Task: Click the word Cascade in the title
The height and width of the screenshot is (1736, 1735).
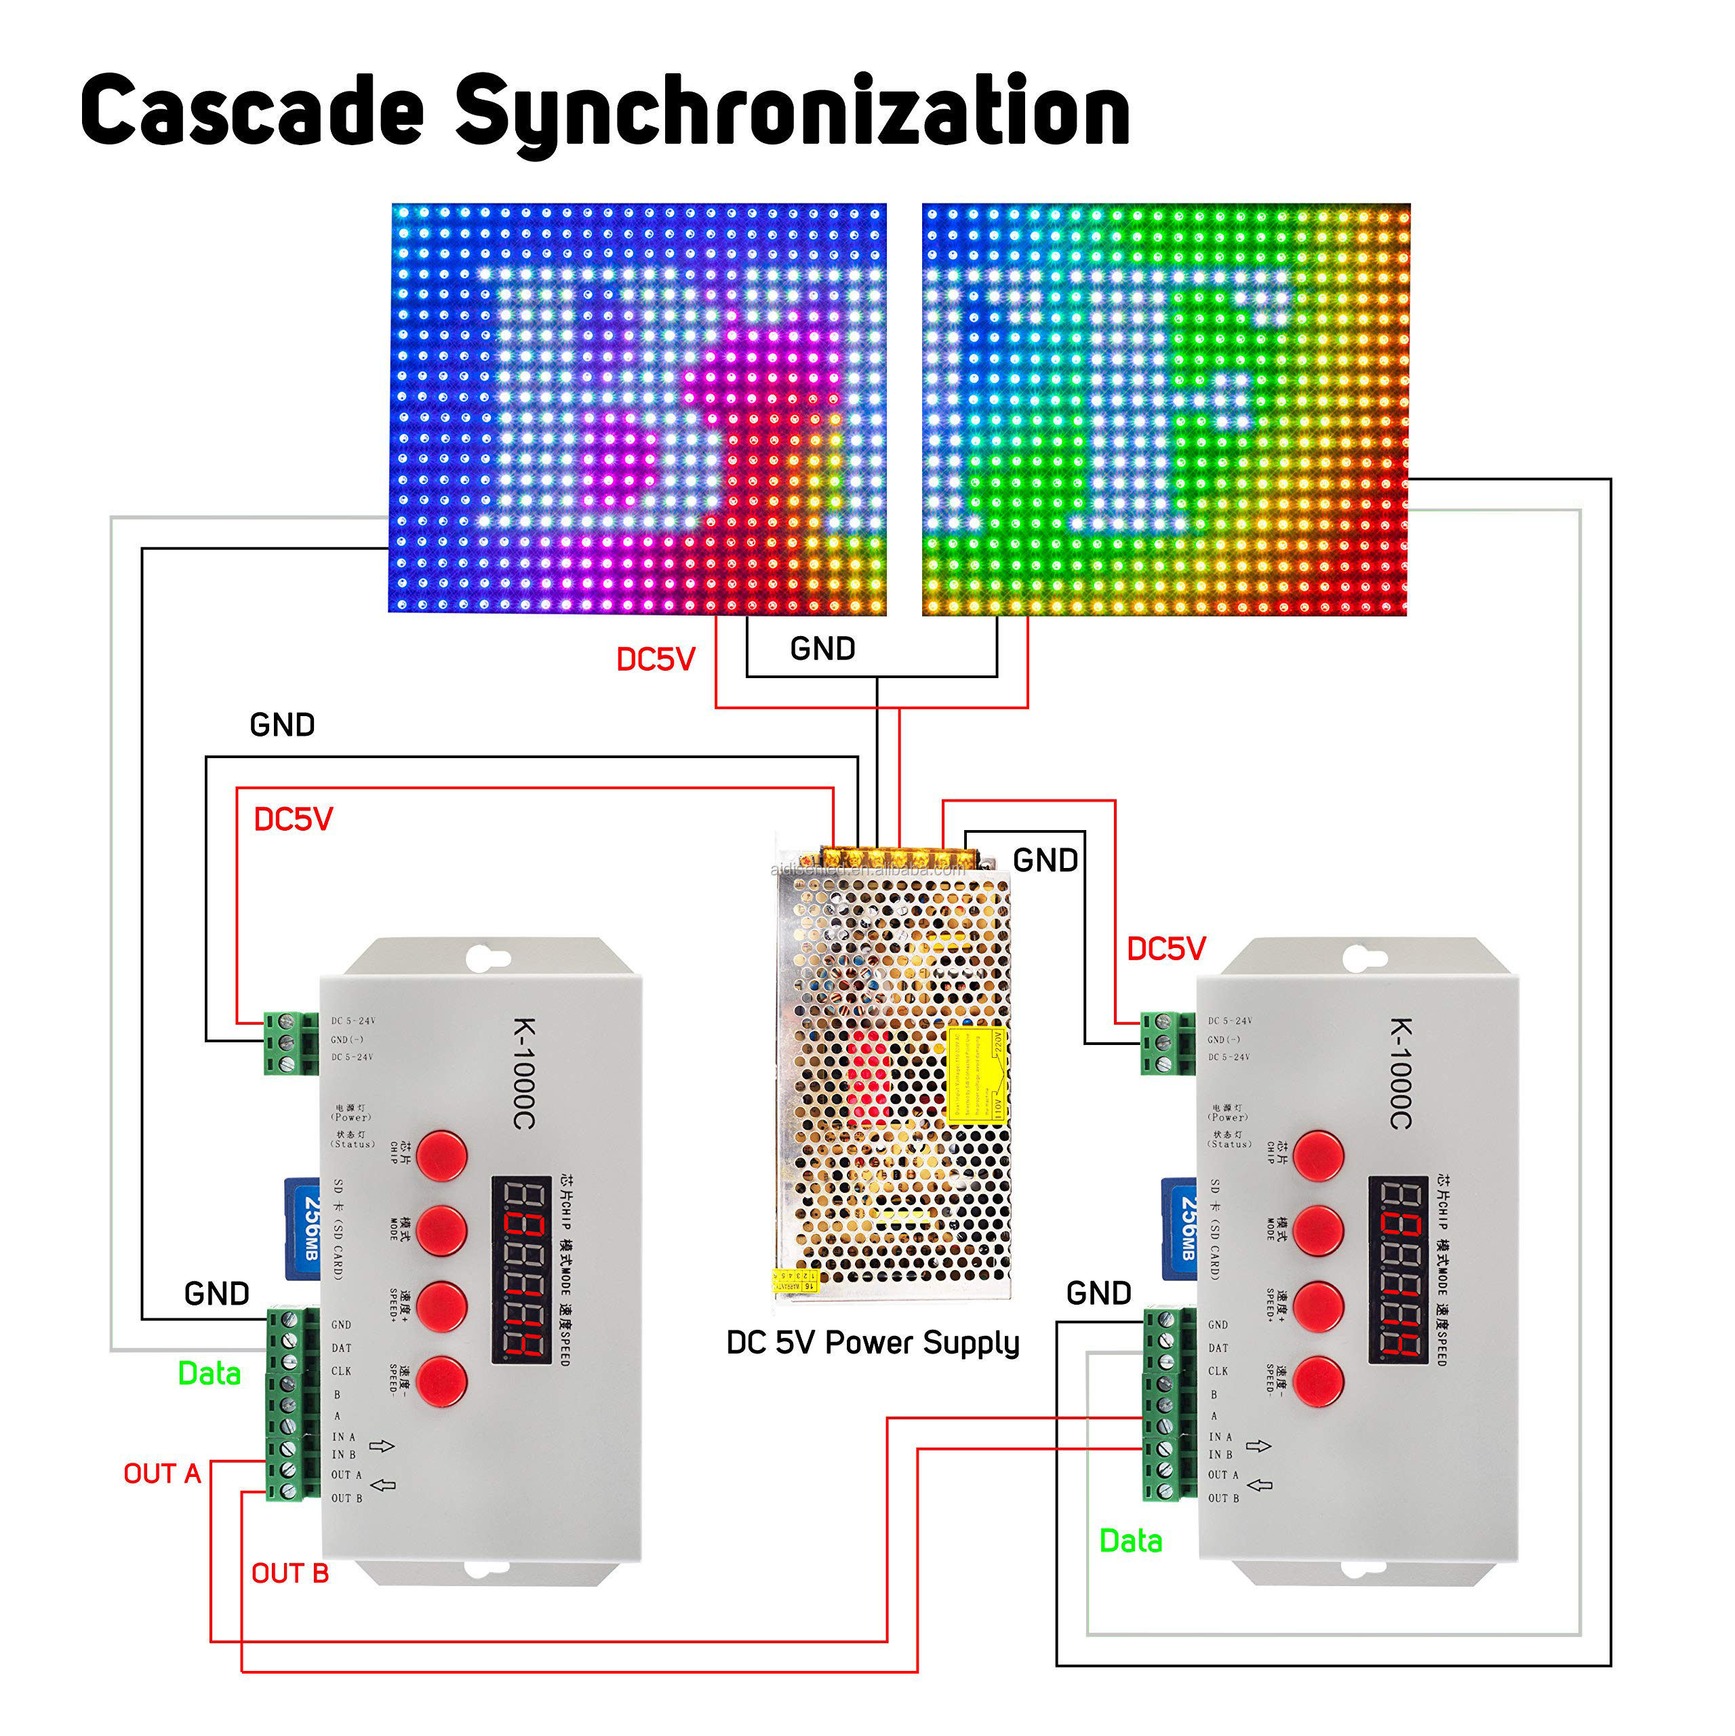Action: [252, 111]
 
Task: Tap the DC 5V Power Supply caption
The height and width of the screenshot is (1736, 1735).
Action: [873, 1343]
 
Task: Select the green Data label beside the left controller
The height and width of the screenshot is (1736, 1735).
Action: [210, 1374]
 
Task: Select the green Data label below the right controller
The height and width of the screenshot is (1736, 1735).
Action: [1130, 1541]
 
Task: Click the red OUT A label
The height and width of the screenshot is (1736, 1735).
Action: [162, 1474]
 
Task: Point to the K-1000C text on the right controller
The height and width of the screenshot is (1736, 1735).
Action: [1401, 1073]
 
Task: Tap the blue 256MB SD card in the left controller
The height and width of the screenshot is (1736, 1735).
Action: [304, 1228]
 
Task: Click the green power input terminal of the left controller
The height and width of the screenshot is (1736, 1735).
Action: [290, 1042]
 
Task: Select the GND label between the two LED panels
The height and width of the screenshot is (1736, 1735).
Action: [822, 649]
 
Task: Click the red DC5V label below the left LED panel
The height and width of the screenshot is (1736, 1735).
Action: [655, 660]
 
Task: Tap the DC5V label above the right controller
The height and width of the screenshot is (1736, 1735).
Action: [1165, 949]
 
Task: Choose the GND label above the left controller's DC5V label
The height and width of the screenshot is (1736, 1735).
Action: [282, 725]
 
